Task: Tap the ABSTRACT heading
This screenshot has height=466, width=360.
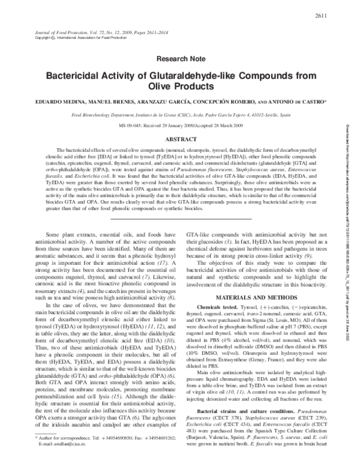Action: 179,139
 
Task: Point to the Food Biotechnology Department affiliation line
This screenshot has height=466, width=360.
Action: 179,114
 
